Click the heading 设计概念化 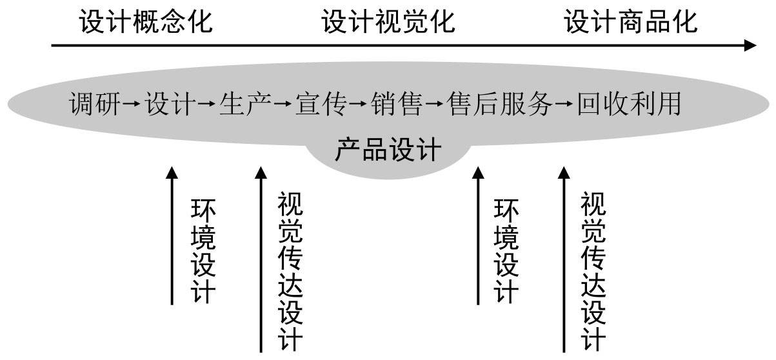(146, 21)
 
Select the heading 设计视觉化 (388, 21)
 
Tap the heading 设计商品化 (631, 21)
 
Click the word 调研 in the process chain (95, 103)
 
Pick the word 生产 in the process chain (245, 103)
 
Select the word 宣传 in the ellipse (321, 103)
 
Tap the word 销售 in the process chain (397, 103)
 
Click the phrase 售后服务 (499, 103)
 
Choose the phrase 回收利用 (629, 103)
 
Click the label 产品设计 (388, 149)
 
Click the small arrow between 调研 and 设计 (132, 103)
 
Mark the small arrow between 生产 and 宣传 (283, 103)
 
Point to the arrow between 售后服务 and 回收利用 (564, 103)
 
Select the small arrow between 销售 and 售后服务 (434, 103)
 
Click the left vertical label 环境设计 (203, 252)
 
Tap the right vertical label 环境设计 (506, 252)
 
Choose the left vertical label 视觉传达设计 (290, 272)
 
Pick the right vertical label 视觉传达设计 (593, 272)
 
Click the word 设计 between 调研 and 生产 (170, 103)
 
